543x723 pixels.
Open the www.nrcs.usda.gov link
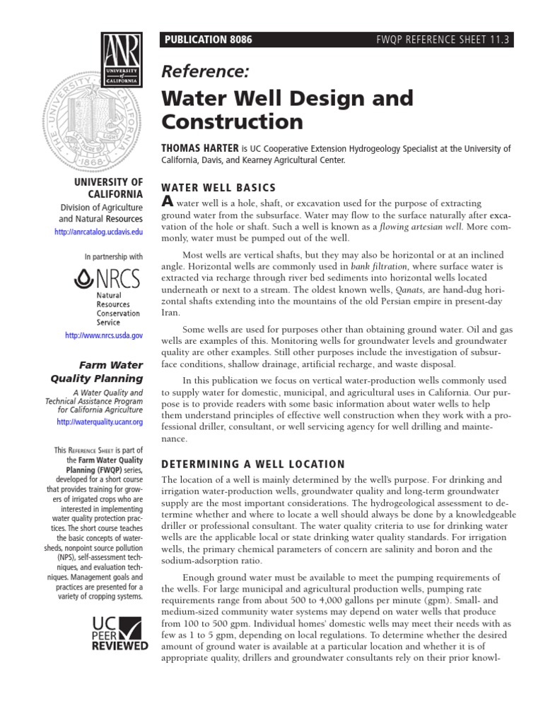tap(104, 336)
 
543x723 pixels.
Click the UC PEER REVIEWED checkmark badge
tap(119, 632)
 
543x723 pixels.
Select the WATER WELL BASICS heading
tap(218, 188)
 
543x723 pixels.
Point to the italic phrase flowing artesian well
tap(423, 227)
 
